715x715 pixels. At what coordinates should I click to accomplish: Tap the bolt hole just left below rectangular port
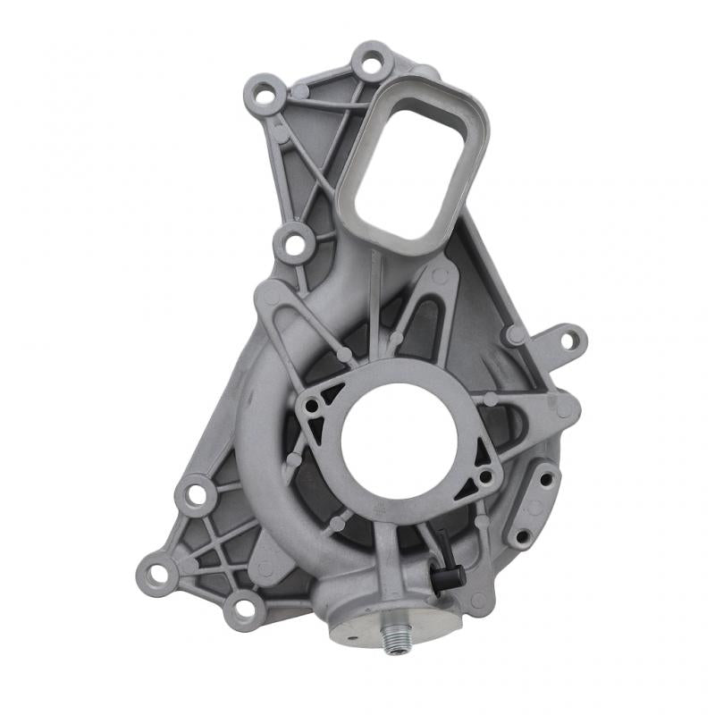pyautogui.click(x=294, y=241)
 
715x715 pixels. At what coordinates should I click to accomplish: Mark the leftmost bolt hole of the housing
pyautogui.click(x=157, y=573)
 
